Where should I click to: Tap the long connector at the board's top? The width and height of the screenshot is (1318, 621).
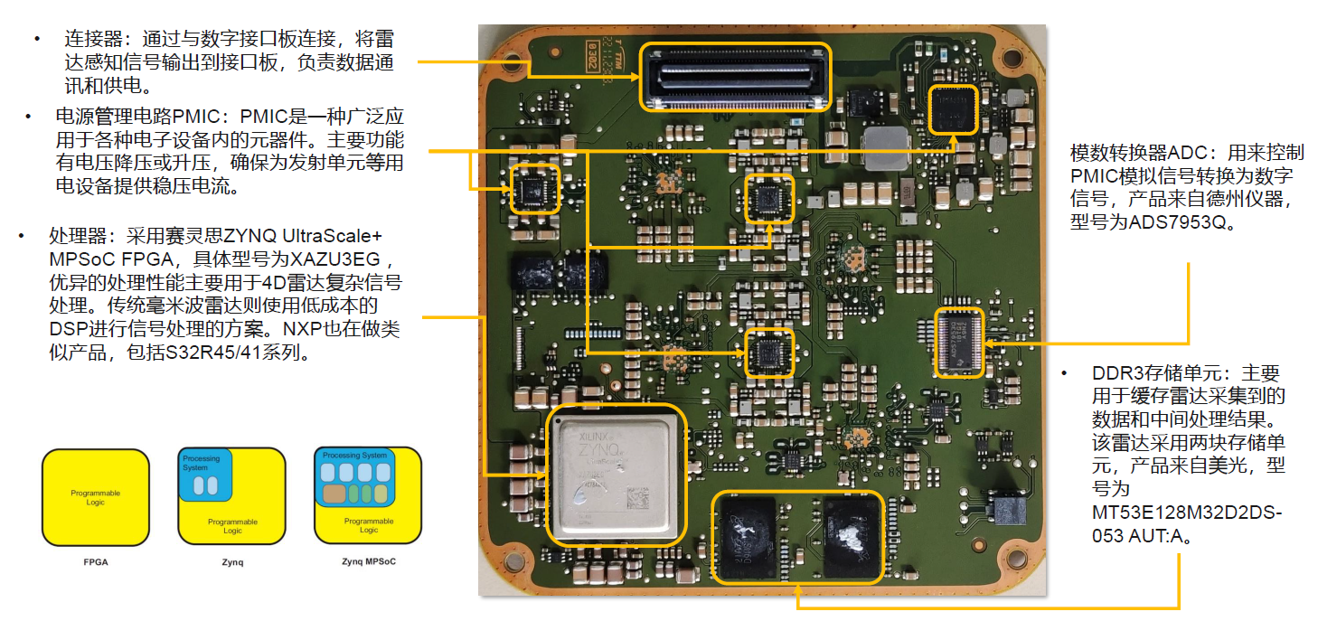[x=735, y=77]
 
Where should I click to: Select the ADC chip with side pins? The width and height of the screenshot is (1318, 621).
[x=959, y=341]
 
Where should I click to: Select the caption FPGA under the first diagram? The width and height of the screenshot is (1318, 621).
[x=95, y=562]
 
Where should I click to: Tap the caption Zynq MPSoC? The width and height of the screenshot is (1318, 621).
[x=368, y=561]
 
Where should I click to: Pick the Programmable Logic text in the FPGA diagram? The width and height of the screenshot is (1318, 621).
[x=96, y=498]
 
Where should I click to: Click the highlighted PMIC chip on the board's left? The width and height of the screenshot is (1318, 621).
[x=534, y=188]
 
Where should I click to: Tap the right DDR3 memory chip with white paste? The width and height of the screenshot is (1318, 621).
[x=851, y=536]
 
